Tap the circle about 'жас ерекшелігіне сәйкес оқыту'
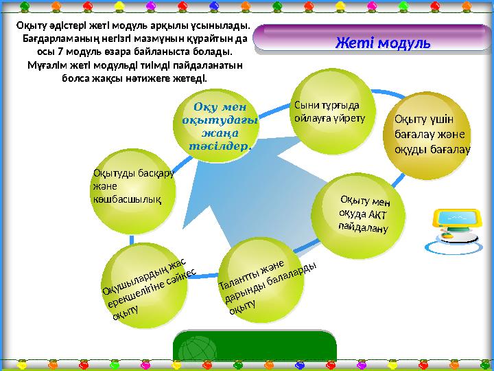pos(148,286)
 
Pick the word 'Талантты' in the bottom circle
pos(236,278)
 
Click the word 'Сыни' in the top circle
pos(306,105)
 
